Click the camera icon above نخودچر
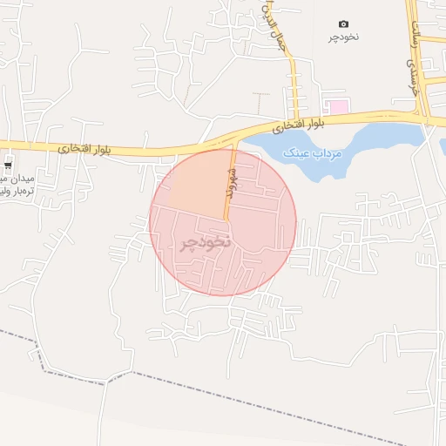(343, 24)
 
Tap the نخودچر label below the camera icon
(343, 37)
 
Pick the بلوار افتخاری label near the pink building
(297, 126)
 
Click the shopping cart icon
(8, 166)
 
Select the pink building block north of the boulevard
(338, 106)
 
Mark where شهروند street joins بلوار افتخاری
(233, 146)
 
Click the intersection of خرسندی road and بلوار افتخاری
(423, 116)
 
